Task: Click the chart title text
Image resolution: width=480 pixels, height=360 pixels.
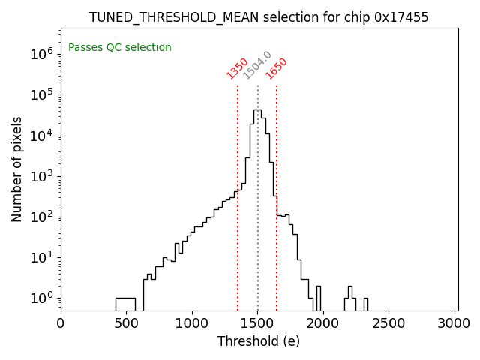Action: click(259, 17)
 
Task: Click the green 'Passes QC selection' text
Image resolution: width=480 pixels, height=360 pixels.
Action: click(120, 48)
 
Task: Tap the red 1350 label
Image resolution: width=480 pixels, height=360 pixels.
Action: click(237, 68)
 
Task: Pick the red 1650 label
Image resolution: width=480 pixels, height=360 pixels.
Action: click(277, 68)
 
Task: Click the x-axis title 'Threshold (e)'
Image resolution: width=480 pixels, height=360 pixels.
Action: click(259, 341)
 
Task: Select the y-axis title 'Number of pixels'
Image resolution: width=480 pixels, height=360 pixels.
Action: click(16, 169)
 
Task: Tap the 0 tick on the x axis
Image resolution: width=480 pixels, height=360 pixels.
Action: click(61, 323)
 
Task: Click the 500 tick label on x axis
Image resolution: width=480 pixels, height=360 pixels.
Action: click(126, 323)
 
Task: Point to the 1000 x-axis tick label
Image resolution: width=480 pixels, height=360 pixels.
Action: click(192, 323)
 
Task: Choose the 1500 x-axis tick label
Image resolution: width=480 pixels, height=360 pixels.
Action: click(258, 323)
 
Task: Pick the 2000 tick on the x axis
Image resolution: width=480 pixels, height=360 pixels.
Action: click(323, 323)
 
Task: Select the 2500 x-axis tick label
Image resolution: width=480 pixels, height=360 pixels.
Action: click(389, 323)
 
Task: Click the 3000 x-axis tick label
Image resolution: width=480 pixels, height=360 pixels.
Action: click(454, 323)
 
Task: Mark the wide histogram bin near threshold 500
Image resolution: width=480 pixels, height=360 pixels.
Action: click(125, 303)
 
